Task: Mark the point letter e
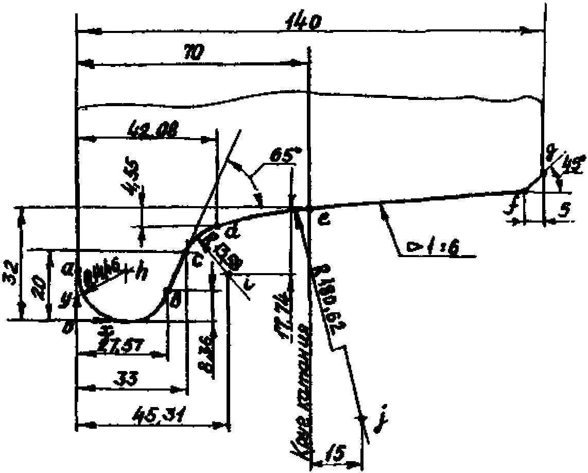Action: coord(323,220)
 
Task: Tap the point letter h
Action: coord(140,273)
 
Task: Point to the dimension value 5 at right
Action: coord(564,209)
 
